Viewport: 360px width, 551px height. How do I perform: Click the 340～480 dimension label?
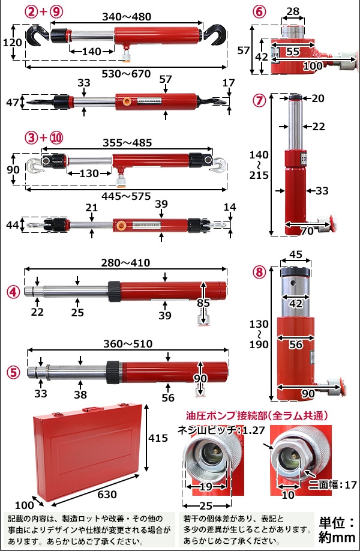click(127, 17)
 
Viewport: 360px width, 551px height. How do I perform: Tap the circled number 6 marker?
click(259, 12)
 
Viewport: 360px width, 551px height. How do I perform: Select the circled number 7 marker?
click(259, 101)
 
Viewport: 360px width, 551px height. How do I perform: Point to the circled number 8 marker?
click(259, 272)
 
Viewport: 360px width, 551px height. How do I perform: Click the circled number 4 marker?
click(13, 292)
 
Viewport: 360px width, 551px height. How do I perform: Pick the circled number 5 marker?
click(13, 372)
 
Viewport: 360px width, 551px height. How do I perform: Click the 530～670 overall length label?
click(126, 74)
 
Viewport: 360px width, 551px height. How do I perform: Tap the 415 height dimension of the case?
click(158, 438)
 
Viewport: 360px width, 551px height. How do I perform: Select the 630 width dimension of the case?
click(107, 495)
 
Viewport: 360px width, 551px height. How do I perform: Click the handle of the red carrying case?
click(92, 409)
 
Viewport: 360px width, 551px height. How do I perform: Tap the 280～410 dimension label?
click(126, 263)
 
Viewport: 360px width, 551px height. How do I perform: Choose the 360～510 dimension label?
click(128, 344)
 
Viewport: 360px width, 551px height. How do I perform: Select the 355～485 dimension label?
click(127, 143)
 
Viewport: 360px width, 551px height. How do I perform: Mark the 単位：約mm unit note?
click(337, 530)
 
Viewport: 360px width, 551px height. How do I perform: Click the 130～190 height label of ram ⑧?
click(259, 334)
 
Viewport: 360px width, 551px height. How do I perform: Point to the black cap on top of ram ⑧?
click(295, 272)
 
